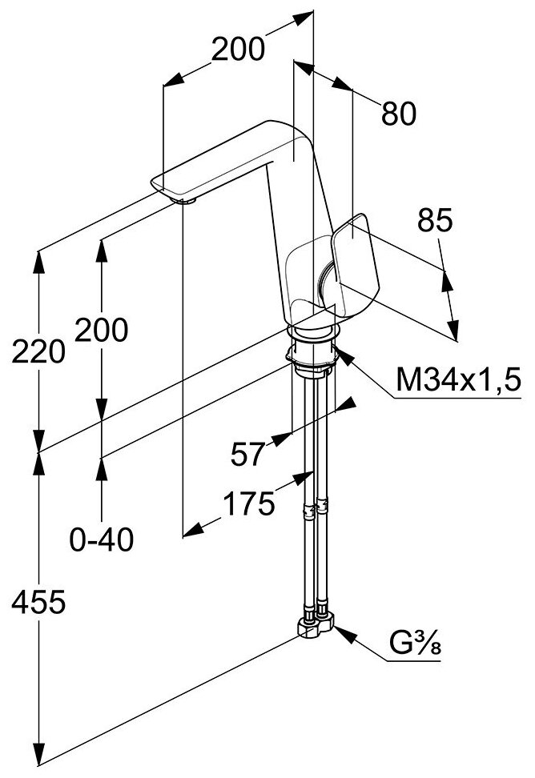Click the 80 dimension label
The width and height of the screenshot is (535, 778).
[398, 114]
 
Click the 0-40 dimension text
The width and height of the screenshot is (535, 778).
[101, 541]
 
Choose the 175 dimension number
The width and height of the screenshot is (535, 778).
[247, 503]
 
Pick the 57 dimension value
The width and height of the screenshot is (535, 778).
[247, 454]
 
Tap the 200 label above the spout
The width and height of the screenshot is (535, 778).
[238, 50]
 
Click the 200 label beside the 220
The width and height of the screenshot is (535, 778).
[101, 329]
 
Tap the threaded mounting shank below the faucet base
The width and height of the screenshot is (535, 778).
[312, 355]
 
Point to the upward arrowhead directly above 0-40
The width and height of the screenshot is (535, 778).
[102, 467]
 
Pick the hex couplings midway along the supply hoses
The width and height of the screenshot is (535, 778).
[314, 507]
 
